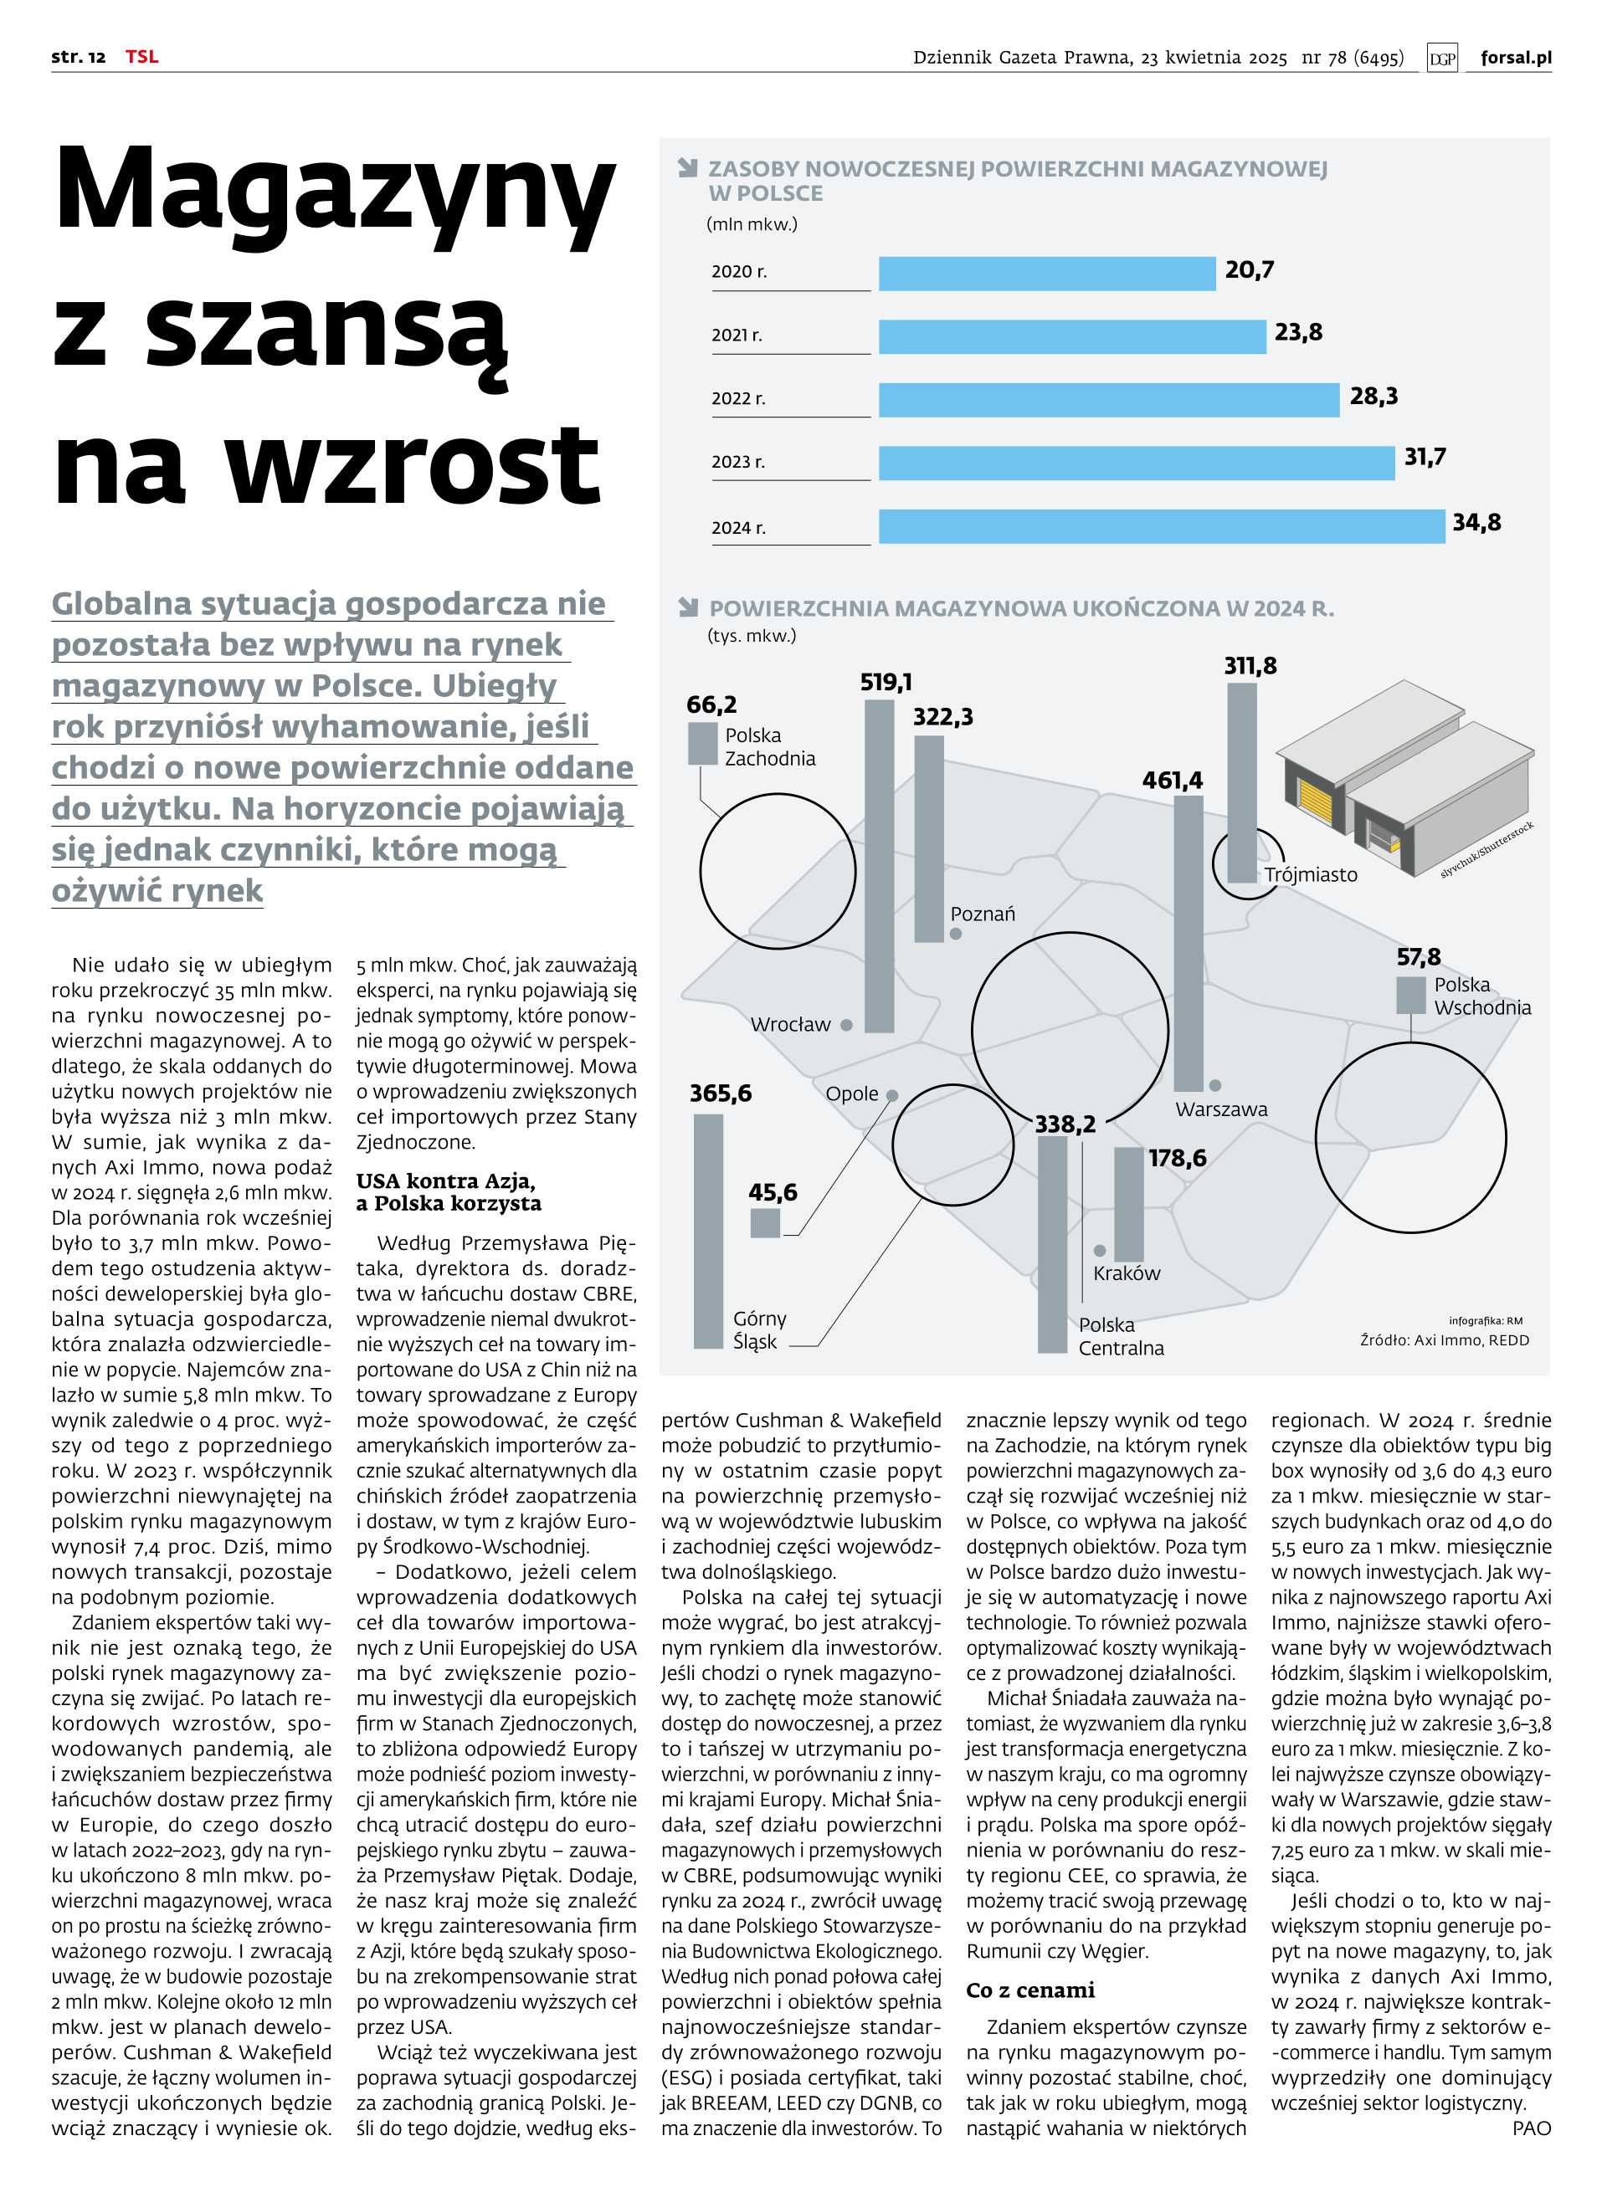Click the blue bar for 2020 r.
(x=1047, y=274)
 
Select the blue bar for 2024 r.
(x=1162, y=526)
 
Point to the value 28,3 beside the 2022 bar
(x=1373, y=396)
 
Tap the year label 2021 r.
(x=737, y=335)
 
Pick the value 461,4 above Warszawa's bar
(x=1171, y=780)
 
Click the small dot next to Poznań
(x=955, y=934)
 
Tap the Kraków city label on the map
(x=1126, y=1273)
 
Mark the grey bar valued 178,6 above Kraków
(x=1128, y=1204)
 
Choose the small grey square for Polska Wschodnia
(x=1410, y=995)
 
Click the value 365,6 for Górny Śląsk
(x=720, y=1093)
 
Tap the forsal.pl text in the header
(x=1515, y=58)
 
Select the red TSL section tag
(x=141, y=56)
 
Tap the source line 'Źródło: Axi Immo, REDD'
(x=1444, y=1340)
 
